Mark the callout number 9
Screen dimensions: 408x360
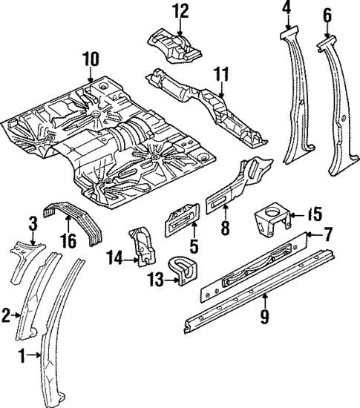tap(265, 318)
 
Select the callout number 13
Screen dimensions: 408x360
tap(155, 280)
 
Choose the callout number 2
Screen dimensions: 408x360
tap(7, 316)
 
